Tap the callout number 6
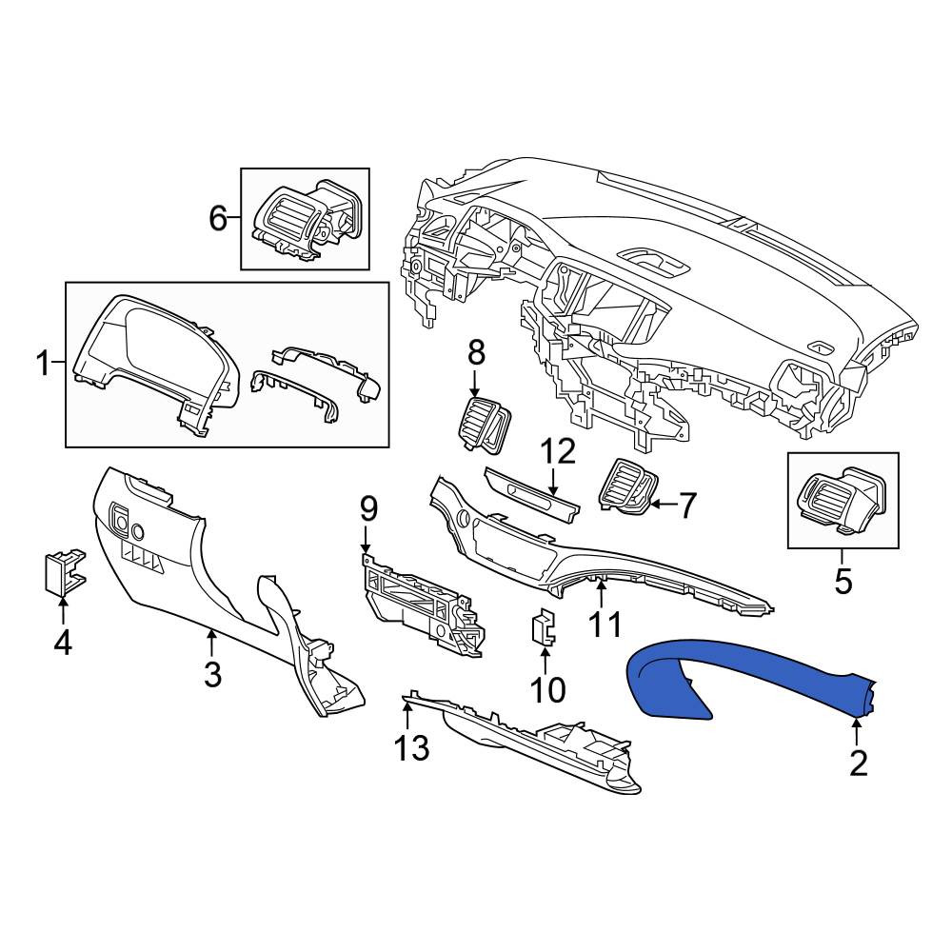pyautogui.click(x=218, y=218)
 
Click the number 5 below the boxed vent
pyautogui.click(x=843, y=582)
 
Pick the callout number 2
pyautogui.click(x=859, y=764)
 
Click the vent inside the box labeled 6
pyautogui.click(x=306, y=221)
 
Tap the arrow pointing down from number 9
pyautogui.click(x=365, y=540)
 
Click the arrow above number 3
pyautogui.click(x=211, y=644)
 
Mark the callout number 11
pyautogui.click(x=605, y=624)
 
